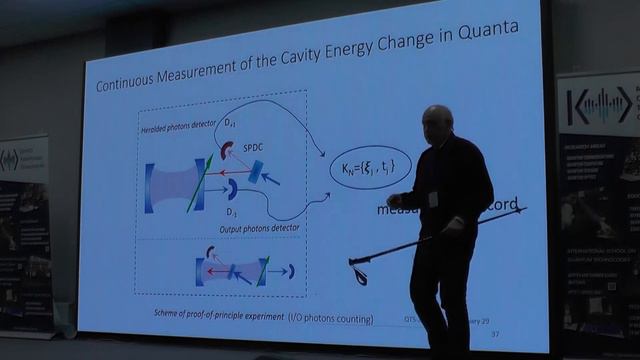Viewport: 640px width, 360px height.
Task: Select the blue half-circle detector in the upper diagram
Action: [231, 187]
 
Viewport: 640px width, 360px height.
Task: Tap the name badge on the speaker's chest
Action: [434, 198]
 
